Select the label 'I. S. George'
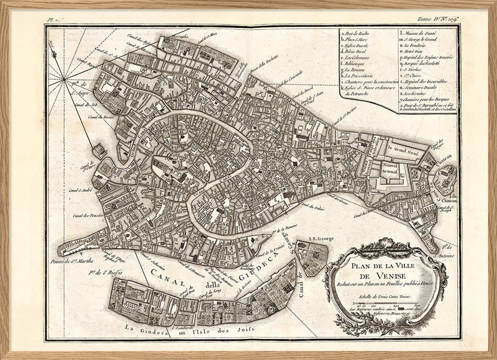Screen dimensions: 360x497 [309, 236]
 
